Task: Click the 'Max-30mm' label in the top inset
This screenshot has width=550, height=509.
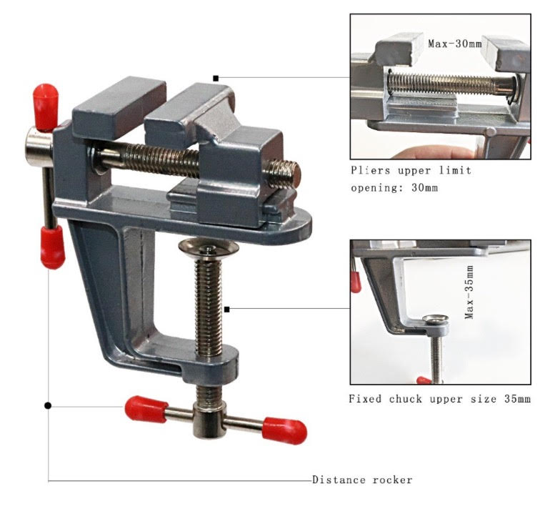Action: [454, 44]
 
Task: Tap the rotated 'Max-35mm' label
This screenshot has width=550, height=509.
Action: [469, 292]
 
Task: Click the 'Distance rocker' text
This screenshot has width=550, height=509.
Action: [362, 480]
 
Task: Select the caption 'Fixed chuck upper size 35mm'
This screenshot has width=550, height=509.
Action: [439, 399]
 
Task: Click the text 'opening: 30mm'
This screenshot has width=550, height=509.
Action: [394, 188]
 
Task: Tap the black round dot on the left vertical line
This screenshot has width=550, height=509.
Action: [48, 406]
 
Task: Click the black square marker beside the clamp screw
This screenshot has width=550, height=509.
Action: [226, 310]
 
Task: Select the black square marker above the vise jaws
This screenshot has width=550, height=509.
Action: [216, 79]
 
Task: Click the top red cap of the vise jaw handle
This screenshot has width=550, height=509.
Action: [45, 107]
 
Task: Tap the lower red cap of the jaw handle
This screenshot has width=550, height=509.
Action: [53, 247]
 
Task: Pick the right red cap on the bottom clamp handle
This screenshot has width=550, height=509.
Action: [284, 430]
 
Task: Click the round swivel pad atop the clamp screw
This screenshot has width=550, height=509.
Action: [209, 247]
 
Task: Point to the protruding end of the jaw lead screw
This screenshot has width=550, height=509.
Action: [285, 174]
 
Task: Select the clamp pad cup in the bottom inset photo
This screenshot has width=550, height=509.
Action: [435, 320]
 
